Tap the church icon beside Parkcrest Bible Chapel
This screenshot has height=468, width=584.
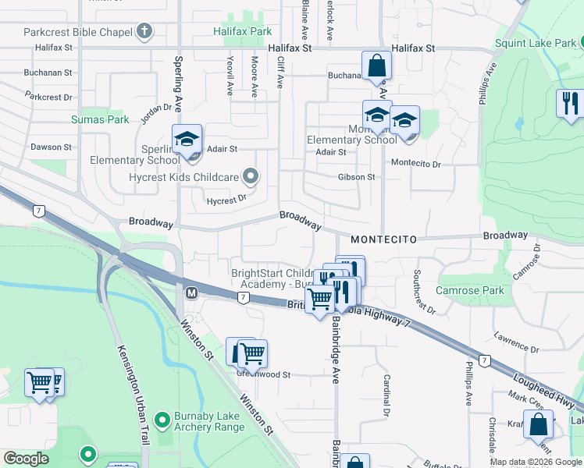click(144, 32)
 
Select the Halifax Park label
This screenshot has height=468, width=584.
click(243, 32)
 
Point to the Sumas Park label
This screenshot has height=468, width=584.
click(99, 119)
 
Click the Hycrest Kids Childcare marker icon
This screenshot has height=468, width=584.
click(250, 177)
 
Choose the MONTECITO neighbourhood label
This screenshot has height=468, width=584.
click(384, 239)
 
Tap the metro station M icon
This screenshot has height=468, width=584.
click(191, 292)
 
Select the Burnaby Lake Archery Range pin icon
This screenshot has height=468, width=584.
click(162, 420)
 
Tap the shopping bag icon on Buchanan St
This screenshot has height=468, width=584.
click(376, 67)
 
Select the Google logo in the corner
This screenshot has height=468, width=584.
click(26, 459)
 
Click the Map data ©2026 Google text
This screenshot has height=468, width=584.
click(535, 462)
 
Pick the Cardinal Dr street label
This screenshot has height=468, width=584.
click(386, 394)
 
